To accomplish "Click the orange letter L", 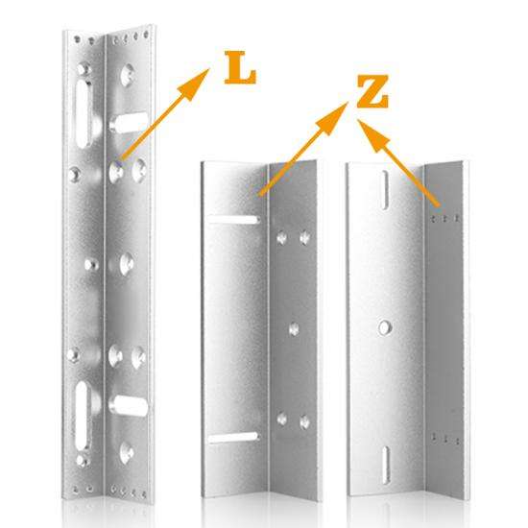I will (x=241, y=70).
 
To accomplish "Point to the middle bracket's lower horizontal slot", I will (x=232, y=438).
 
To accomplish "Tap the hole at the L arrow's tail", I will (x=118, y=169).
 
